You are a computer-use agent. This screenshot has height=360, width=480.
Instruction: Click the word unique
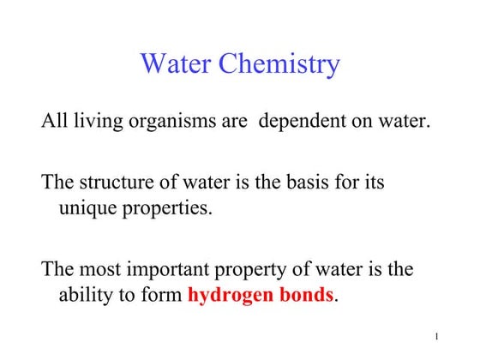pos(85,208)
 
